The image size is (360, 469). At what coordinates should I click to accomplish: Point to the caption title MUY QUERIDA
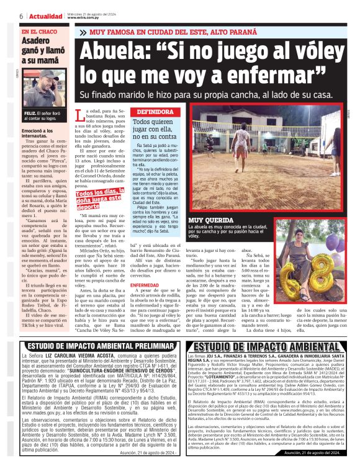209,220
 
